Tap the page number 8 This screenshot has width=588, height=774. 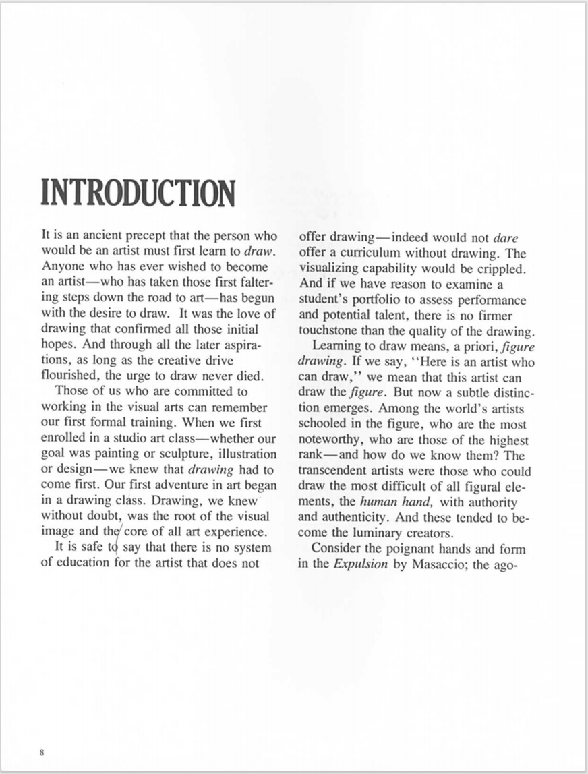pyautogui.click(x=42, y=752)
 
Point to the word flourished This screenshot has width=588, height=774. pyautogui.click(x=71, y=376)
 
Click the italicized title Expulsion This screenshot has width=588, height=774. pyautogui.click(x=361, y=564)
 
